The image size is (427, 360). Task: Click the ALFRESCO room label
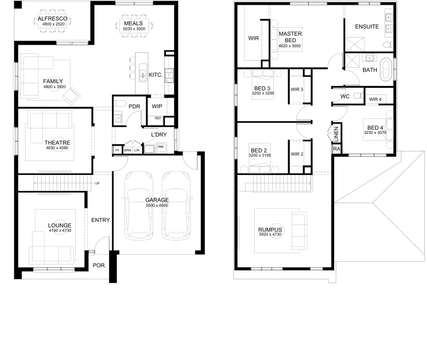pos(52,19)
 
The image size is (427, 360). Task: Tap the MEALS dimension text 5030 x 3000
pos(134,29)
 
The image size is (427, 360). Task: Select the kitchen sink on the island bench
pos(143,73)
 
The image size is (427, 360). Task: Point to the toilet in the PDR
pos(120,103)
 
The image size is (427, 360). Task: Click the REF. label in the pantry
pos(158,118)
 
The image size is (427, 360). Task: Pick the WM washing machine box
pos(161,147)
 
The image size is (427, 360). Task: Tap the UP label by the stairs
pos(97,183)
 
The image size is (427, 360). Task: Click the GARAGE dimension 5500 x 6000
pos(157,205)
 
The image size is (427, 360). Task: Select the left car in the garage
pos(139,205)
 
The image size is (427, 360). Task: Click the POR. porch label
pos(99,265)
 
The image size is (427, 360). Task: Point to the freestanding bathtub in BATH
pos(385,69)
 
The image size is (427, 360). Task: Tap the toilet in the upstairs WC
pos(358,96)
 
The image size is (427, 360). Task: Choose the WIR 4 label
pos(375,99)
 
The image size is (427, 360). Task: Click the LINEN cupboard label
pos(336,134)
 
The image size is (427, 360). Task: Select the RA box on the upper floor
pos(337,149)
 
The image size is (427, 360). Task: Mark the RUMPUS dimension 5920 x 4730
pos(270,234)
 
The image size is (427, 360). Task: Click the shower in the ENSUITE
pos(354,44)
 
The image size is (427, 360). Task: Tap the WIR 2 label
pos(297,154)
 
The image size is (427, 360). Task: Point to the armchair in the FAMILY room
pos(72,95)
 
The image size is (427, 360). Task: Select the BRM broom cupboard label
pos(128,150)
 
